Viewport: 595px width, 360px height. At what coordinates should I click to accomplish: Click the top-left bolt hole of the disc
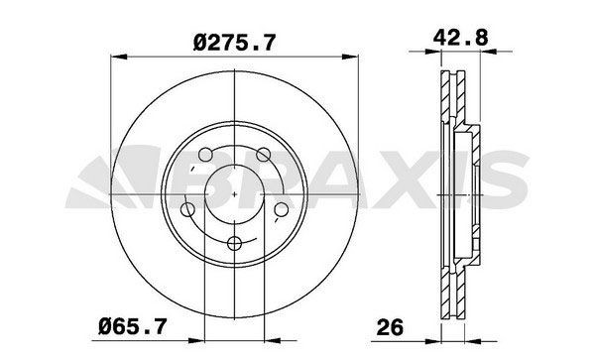pos(205,156)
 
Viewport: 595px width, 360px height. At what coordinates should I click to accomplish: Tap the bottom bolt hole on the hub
pos(233,243)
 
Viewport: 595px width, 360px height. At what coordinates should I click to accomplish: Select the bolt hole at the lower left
pos(187,209)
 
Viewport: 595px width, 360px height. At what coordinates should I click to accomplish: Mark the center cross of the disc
pos(233,195)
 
